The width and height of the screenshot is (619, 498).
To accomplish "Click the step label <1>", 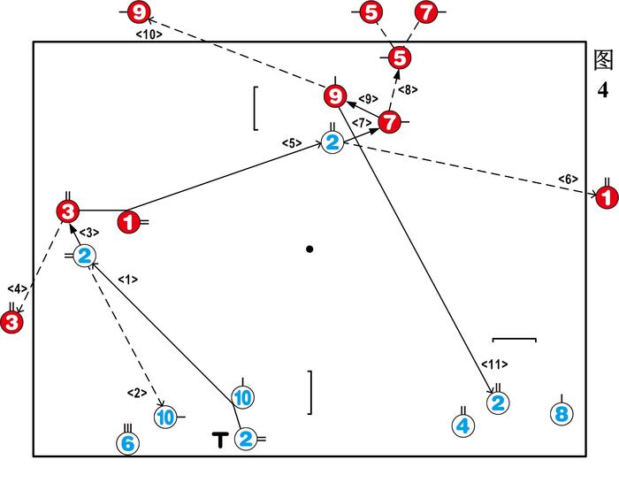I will [128, 280].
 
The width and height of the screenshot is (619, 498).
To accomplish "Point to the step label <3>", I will [89, 233].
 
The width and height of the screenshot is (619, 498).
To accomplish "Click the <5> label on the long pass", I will [292, 142].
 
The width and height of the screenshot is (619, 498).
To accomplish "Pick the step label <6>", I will [568, 180].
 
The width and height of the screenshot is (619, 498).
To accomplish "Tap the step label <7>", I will [360, 122].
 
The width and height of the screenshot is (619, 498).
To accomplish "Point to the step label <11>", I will [495, 364].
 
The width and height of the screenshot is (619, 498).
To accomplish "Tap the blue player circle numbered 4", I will [462, 425].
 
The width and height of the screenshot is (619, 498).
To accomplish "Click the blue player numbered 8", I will [560, 414].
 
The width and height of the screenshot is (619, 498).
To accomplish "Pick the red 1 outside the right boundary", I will [607, 198].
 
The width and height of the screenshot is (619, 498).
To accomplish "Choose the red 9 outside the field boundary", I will [140, 12].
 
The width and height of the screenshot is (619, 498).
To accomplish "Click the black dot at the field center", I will [309, 249].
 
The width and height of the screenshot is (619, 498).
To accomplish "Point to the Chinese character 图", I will [604, 61].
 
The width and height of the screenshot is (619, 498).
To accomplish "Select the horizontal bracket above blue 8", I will [514, 338].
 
